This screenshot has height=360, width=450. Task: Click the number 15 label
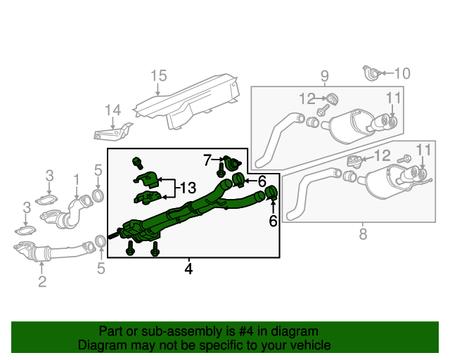[x=158, y=76]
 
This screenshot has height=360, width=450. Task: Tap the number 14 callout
[x=112, y=110]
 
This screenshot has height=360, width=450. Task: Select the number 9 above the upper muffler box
[x=324, y=76]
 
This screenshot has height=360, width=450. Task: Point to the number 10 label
[x=401, y=72]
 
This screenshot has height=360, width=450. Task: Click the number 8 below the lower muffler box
[x=363, y=235]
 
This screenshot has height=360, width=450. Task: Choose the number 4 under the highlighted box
[x=188, y=268]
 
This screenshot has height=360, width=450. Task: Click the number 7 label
[x=207, y=161]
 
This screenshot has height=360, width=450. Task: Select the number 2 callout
[x=41, y=282]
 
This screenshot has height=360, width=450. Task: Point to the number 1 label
[x=76, y=183]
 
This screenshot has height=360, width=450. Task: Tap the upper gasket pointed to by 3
[x=49, y=200]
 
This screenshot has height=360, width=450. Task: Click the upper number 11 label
[x=392, y=98]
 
